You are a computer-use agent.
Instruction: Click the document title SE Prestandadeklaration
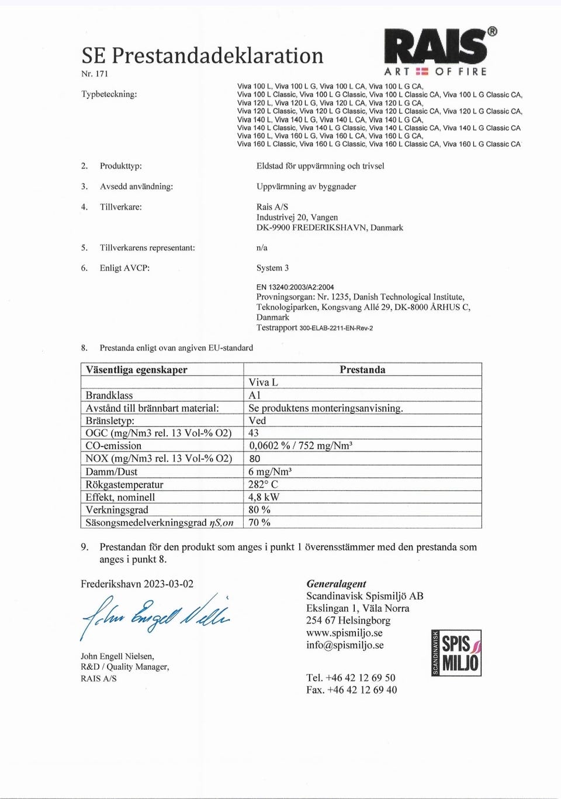tap(202, 56)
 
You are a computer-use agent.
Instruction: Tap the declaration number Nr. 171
tap(95, 74)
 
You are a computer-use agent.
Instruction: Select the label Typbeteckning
tap(109, 94)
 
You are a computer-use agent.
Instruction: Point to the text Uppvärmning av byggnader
tap(306, 187)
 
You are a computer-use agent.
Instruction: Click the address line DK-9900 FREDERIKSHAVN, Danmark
tap(330, 228)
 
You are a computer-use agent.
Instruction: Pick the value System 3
tap(272, 268)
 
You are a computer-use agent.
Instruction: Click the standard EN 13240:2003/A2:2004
tap(295, 287)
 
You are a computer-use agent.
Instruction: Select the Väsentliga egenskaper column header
tap(137, 370)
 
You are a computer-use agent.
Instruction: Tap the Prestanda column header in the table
tap(362, 370)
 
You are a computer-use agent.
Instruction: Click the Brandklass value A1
tap(255, 395)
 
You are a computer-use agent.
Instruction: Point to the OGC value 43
tap(254, 433)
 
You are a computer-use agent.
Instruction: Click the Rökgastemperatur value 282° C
tap(263, 484)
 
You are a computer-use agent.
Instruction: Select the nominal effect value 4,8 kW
tap(264, 497)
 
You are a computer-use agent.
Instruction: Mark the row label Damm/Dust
tap(112, 471)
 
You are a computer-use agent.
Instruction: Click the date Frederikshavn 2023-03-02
tap(137, 584)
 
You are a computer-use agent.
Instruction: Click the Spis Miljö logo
tap(456, 653)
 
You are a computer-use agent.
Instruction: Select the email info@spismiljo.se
tap(345, 645)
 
